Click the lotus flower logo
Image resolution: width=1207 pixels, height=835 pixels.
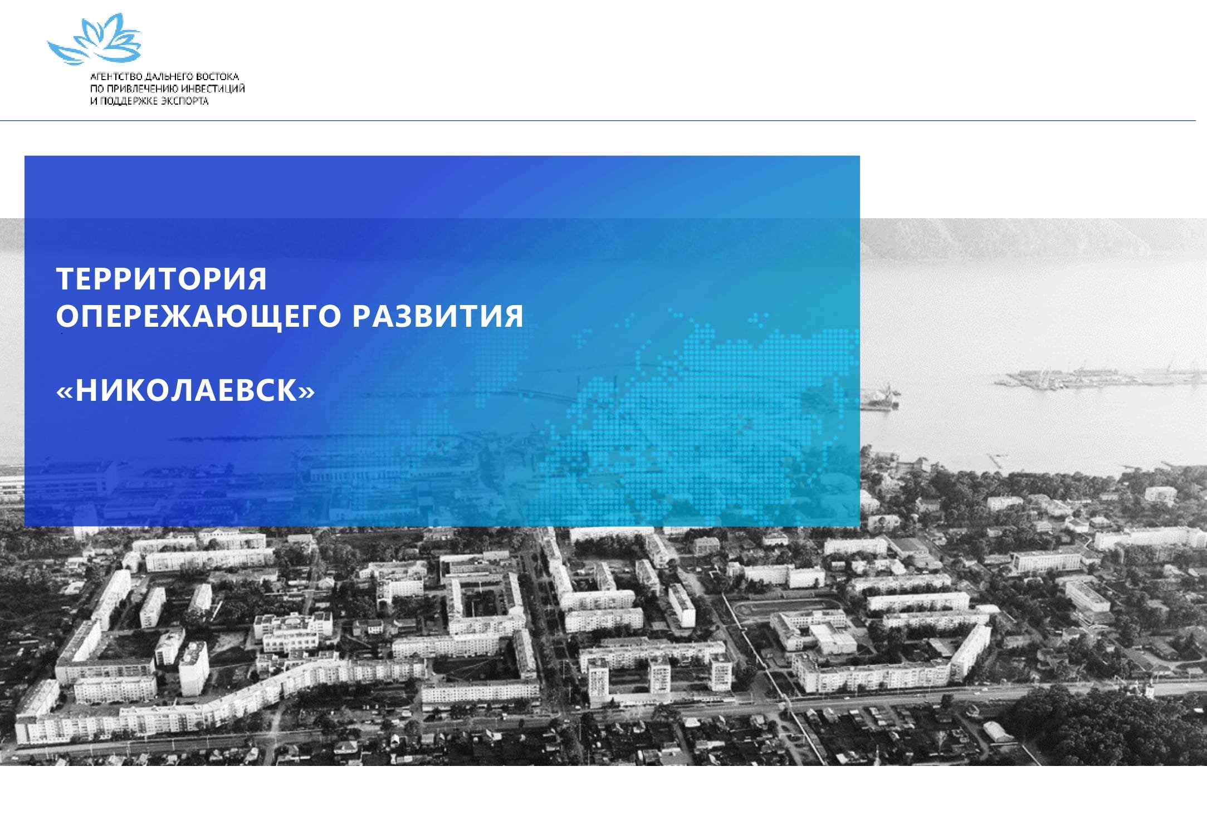pos(95,40)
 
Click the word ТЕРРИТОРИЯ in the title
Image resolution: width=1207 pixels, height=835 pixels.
pos(162,279)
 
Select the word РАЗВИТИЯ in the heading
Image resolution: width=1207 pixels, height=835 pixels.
pos(438,316)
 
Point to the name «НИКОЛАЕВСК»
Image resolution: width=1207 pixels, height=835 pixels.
pos(185,390)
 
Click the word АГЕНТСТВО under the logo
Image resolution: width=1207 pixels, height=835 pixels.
pos(116,77)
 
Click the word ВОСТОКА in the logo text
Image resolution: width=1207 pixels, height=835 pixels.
pos(217,77)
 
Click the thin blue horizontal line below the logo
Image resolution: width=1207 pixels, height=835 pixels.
pos(598,120)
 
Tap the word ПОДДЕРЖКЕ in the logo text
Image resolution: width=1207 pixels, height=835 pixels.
pos(128,101)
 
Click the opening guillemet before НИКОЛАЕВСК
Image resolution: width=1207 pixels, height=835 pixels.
pos(65,392)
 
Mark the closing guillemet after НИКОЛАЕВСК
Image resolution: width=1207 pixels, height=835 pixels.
pos(307,392)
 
